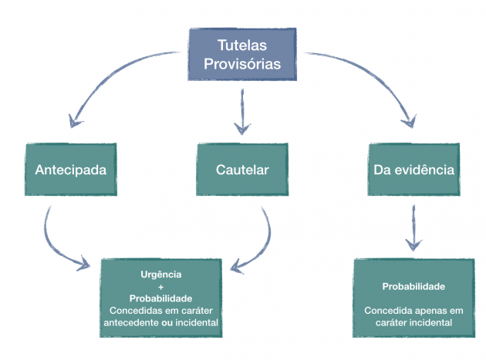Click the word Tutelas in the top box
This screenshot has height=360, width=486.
coord(242,45)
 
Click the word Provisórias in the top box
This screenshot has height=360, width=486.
coord(242,64)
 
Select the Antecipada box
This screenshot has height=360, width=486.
coord(71,169)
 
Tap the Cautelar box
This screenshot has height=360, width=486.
coord(242,169)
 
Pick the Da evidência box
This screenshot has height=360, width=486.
coord(413,169)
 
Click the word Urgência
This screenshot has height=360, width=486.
coord(161,274)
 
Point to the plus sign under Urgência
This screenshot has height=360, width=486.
coord(161,288)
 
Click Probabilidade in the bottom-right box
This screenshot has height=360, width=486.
coord(413,287)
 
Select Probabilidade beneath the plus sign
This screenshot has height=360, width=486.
coord(161,298)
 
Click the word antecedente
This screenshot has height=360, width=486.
coord(131,322)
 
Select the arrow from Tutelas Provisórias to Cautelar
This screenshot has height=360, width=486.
coord(242,112)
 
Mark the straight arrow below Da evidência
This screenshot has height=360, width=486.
coord(413,227)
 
